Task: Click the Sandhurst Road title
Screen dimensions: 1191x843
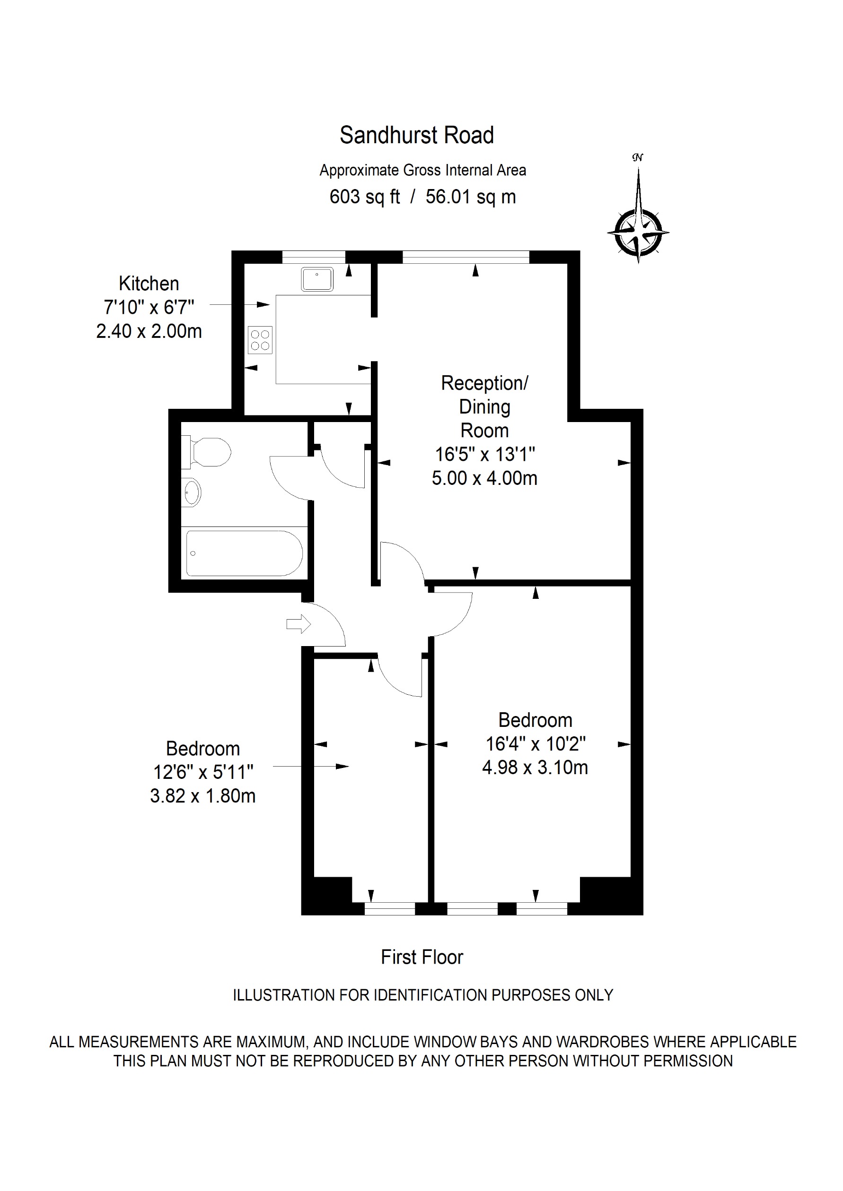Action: (416, 135)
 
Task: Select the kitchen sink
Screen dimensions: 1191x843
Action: (316, 280)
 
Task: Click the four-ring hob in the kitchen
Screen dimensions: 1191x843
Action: (260, 340)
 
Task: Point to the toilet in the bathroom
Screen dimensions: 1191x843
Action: (208, 452)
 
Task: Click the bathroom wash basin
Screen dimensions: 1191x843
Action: (192, 492)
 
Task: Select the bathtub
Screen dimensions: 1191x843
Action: (244, 553)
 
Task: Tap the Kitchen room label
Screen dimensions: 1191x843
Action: (149, 284)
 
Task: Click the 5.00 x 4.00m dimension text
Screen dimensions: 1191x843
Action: (484, 478)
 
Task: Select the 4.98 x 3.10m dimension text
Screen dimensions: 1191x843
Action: (535, 767)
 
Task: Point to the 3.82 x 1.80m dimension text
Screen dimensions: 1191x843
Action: (202, 796)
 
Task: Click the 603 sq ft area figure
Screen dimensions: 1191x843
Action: (364, 197)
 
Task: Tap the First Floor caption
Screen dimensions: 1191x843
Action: (421, 957)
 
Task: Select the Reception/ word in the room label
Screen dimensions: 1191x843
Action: (484, 383)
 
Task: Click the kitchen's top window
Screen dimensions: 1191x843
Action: (313, 257)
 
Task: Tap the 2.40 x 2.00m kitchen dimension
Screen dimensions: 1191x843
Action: (149, 331)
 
